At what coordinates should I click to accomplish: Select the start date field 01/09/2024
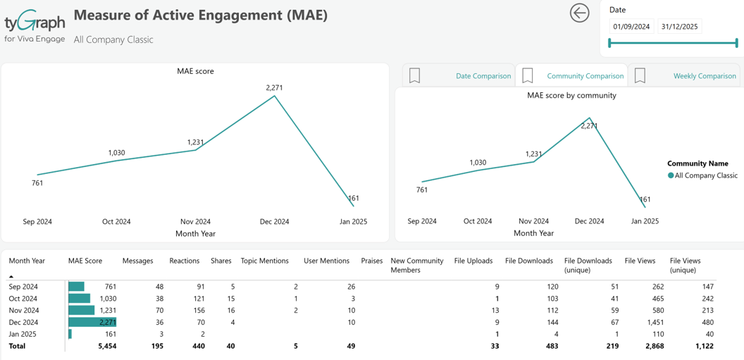point(631,27)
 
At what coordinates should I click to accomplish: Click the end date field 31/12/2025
point(679,27)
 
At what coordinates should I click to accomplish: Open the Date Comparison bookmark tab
point(459,76)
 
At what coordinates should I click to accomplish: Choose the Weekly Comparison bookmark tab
point(683,76)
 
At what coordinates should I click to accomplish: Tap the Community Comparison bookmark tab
point(571,76)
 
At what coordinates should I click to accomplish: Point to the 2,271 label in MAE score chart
point(274,88)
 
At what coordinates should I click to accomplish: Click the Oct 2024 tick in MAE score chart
point(116,221)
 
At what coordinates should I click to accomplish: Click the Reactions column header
point(185,261)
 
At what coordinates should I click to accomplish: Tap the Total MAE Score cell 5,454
point(107,346)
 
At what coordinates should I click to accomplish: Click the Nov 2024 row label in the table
point(23,311)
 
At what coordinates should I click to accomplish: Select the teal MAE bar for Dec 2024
point(92,323)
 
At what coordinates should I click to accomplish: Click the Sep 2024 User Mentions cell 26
point(351,287)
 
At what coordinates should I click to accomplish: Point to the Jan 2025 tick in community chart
point(645,221)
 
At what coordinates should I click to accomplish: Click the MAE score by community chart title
point(572,95)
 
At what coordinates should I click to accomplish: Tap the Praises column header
point(371,261)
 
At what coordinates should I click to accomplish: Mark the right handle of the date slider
point(737,44)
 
